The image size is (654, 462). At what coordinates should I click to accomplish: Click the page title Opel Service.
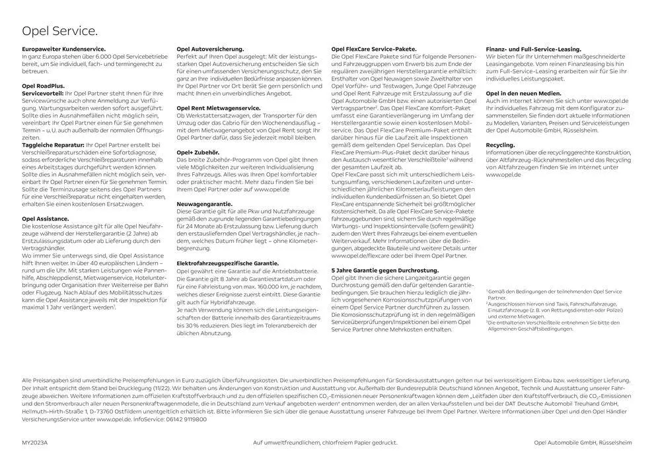click(60, 30)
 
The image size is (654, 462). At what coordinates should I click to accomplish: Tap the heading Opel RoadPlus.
click(44, 86)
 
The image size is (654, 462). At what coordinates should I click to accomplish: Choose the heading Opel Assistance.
click(46, 218)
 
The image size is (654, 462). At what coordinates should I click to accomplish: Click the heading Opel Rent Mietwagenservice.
click(220, 109)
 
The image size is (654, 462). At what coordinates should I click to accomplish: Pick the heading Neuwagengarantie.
click(205, 204)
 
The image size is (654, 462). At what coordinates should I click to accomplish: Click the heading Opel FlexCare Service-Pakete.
click(373, 49)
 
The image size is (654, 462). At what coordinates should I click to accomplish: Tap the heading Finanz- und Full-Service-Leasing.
click(533, 49)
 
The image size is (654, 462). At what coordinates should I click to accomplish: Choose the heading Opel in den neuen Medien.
click(524, 94)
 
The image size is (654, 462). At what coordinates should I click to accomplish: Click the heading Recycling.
click(500, 143)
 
